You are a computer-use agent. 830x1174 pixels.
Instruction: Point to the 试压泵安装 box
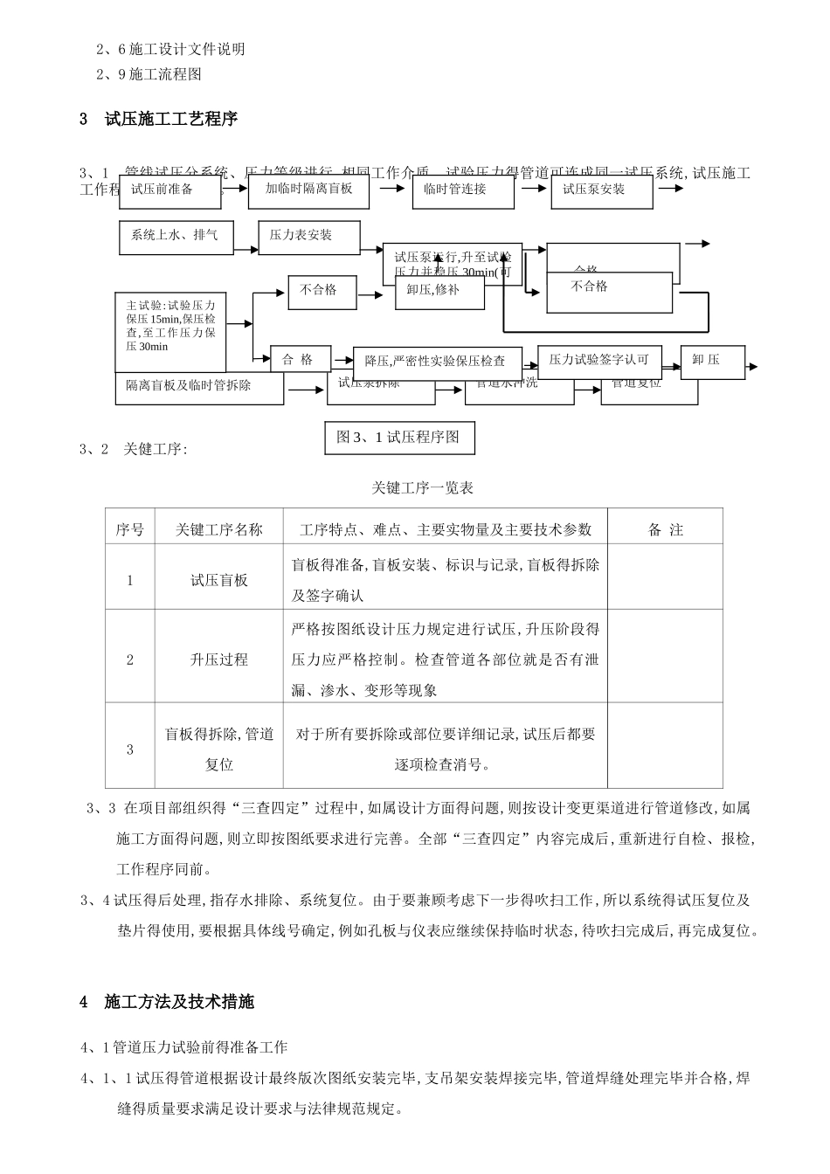(x=601, y=190)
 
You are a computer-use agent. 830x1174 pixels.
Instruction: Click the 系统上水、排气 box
(x=176, y=236)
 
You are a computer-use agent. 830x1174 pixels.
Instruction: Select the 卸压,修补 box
(x=439, y=291)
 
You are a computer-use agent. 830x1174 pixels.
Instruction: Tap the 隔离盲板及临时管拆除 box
(x=198, y=386)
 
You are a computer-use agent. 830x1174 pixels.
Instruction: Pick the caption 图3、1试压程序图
(x=398, y=437)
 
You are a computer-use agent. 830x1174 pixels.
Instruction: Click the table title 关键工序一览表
(x=423, y=487)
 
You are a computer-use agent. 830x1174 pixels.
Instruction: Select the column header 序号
(x=130, y=529)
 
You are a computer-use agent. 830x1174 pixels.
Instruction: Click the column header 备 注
(x=666, y=529)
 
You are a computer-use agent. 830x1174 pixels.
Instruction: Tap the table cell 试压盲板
(x=219, y=580)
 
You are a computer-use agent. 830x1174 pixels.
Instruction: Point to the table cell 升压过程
(x=219, y=660)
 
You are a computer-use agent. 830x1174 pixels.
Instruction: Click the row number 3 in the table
(x=130, y=749)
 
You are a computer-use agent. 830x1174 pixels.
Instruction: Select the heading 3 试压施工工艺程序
(x=158, y=119)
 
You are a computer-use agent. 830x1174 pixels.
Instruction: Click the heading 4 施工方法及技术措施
(x=167, y=1002)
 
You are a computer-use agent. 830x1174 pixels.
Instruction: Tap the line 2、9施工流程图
(x=149, y=74)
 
